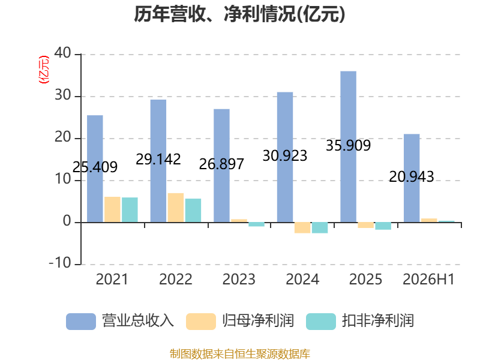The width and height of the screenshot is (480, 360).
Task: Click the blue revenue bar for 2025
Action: click(349, 146)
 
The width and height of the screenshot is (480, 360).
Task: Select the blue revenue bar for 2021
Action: click(95, 169)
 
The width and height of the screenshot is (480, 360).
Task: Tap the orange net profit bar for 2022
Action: click(176, 208)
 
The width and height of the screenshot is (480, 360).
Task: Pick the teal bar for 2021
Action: click(130, 209)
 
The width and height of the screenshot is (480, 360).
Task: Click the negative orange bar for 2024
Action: click(302, 228)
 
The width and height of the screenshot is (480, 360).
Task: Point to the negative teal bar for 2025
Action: click(383, 226)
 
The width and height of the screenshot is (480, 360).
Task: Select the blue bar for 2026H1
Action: click(412, 178)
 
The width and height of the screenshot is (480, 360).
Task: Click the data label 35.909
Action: click(349, 145)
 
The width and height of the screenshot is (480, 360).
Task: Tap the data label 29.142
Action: click(158, 159)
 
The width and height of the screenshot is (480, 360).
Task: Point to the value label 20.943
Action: click(412, 177)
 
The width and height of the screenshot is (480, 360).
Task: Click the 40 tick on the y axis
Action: click(63, 53)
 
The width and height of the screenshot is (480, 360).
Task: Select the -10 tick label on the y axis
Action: click(60, 263)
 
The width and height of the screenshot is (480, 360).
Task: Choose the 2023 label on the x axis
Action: click(239, 279)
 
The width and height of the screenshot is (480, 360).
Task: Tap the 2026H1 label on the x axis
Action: click(428, 279)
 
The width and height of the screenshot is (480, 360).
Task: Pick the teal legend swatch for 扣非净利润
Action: click(321, 322)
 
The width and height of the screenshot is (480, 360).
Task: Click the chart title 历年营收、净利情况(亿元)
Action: click(239, 14)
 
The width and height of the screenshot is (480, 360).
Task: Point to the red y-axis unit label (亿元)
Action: click(43, 70)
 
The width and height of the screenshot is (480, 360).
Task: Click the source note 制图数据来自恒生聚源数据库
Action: click(240, 354)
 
